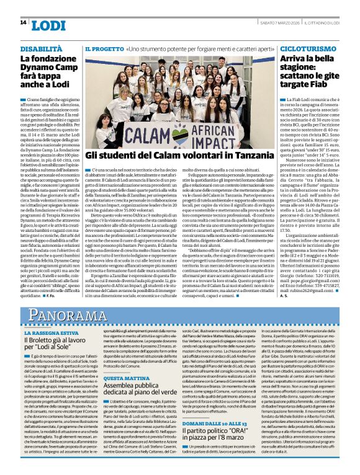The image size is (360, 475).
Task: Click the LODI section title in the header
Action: [x=48, y=25]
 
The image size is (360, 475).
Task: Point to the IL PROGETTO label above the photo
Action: [x=104, y=48]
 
